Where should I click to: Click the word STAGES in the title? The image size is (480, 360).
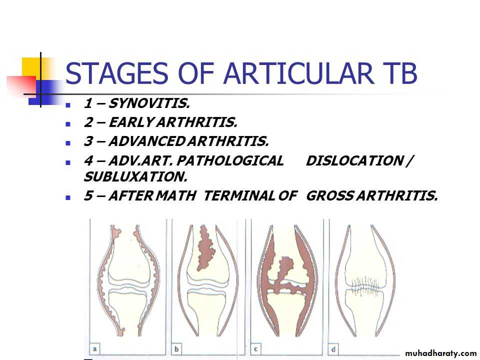coord(116,73)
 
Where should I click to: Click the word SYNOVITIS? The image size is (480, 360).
coord(149,103)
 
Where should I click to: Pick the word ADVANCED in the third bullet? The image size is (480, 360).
coord(147,141)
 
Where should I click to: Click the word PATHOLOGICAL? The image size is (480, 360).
coord(230,160)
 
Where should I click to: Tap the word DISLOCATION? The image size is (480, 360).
coord(354,160)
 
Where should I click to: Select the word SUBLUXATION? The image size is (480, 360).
coord(135,176)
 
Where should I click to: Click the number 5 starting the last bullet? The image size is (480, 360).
coord(88,195)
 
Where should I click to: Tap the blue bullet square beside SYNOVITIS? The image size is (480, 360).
coord(68,105)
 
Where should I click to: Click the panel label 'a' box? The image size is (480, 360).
coord(94,348)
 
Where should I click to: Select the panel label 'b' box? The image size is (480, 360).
coord(176,348)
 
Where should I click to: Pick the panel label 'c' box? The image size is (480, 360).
coord(255,348)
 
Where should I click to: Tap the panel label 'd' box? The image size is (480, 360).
coord(333,348)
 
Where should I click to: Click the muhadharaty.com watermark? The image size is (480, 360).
coord(440,353)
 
